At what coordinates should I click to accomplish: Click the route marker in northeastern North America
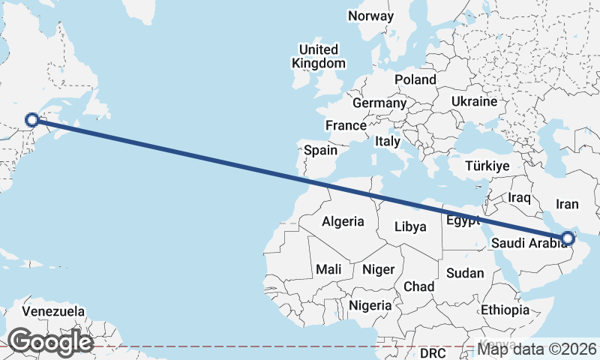(x=32, y=119)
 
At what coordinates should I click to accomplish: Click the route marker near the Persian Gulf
(x=568, y=239)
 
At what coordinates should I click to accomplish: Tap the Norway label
(x=370, y=16)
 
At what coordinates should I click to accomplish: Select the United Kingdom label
(x=319, y=57)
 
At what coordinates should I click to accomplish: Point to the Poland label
(x=415, y=79)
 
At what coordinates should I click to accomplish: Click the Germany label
(x=379, y=103)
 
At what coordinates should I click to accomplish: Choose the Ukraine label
(x=475, y=101)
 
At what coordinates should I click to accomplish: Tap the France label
(x=345, y=125)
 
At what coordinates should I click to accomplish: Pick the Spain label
(x=320, y=150)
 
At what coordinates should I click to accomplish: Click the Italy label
(x=388, y=141)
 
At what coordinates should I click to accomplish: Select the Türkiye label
(x=487, y=166)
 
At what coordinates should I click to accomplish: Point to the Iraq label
(x=519, y=198)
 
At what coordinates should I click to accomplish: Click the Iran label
(x=567, y=203)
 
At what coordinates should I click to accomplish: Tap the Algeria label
(x=343, y=221)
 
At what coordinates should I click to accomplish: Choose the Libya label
(x=410, y=226)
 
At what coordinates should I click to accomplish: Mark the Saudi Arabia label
(x=526, y=243)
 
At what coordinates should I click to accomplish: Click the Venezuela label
(x=52, y=310)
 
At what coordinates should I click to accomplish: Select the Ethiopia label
(x=505, y=310)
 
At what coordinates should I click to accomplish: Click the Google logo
(x=50, y=342)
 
